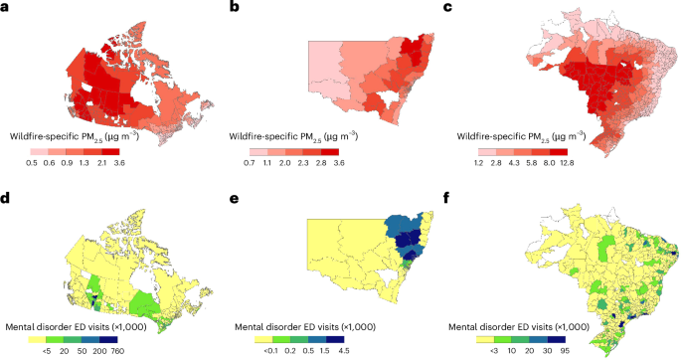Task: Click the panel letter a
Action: (7, 7)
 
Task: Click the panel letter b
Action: (236, 7)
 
